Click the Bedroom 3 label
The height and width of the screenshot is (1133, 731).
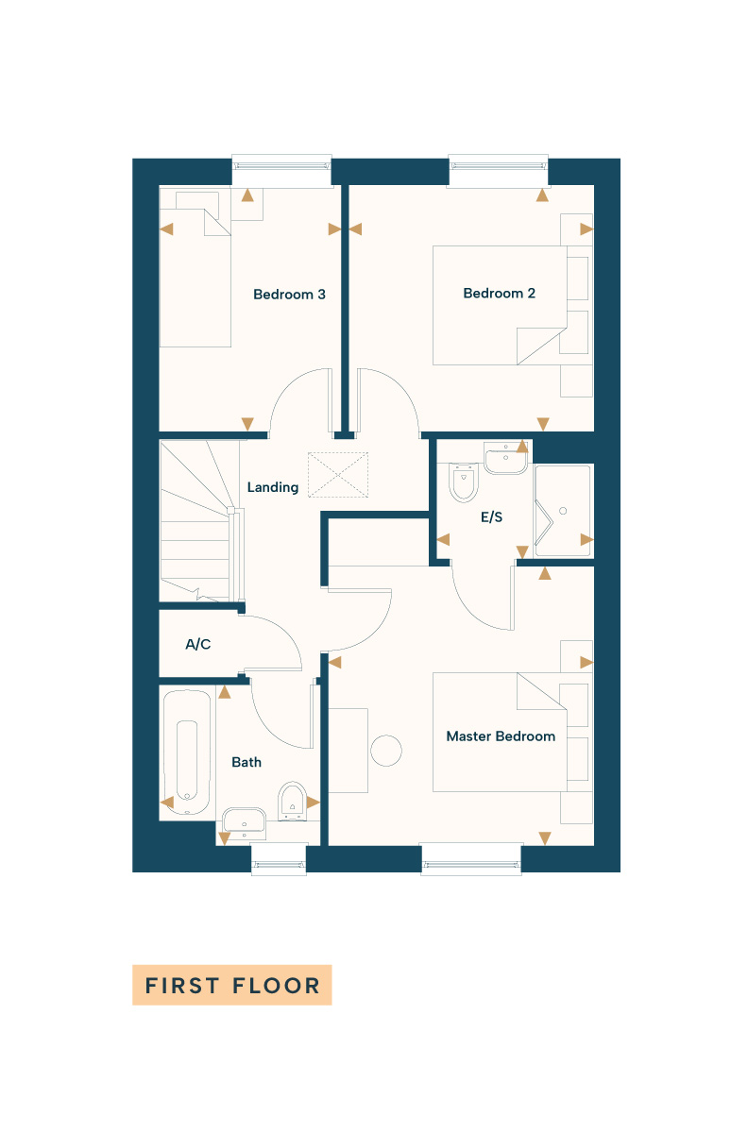[x=289, y=295]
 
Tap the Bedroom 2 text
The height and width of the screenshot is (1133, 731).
[x=499, y=294]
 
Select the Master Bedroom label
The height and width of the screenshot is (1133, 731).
[x=501, y=736]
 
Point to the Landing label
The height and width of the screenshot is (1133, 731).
[x=273, y=487]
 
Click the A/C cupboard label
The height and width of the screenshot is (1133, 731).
[x=197, y=644]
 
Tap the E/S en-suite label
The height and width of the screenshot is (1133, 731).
[x=491, y=517]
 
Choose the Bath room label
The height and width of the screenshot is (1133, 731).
[x=246, y=762]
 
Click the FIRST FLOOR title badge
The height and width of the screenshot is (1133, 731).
[x=232, y=984]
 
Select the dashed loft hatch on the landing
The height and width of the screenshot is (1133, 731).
[x=338, y=474]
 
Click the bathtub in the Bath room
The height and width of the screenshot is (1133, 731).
[x=187, y=752]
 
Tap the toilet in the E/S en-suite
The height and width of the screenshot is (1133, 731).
[x=464, y=482]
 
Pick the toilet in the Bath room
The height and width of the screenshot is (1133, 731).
[x=293, y=802]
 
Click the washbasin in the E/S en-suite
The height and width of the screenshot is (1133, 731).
[x=506, y=458]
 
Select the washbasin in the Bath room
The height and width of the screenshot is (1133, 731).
[x=245, y=820]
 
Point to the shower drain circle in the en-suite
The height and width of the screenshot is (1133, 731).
[x=563, y=511]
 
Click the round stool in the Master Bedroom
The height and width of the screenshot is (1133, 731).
[x=386, y=750]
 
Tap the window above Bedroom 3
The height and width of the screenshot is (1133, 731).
[x=281, y=165]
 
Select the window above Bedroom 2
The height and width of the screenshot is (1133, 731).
[x=499, y=165]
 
